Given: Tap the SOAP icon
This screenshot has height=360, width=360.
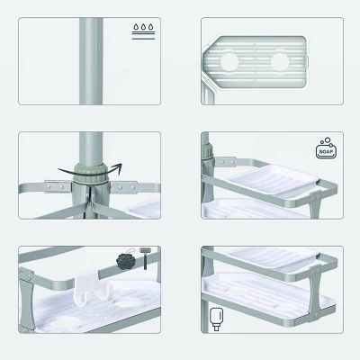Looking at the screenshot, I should [x=326, y=149].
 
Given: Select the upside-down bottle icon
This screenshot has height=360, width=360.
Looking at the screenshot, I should [x=216, y=318].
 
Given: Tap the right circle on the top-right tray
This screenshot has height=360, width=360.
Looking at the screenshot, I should [x=278, y=62].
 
